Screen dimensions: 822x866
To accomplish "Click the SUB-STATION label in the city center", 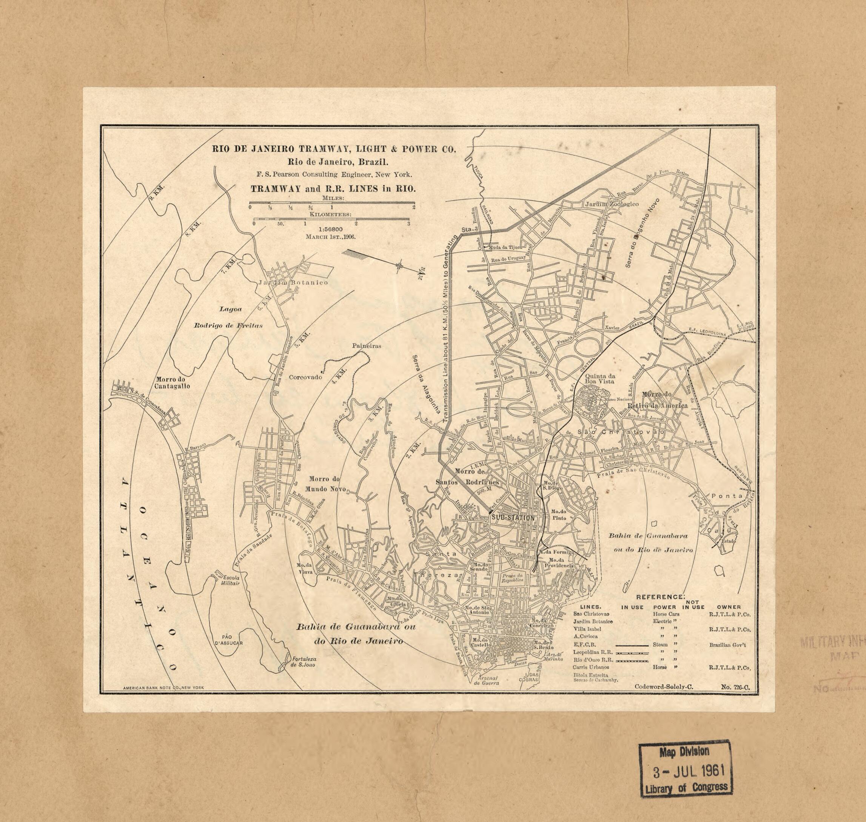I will [x=513, y=518].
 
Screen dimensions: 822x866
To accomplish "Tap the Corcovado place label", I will [x=305, y=377].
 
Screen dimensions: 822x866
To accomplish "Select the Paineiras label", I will [x=367, y=346].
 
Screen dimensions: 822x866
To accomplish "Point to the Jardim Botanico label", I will [x=293, y=283].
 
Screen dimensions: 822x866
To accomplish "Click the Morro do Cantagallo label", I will [x=172, y=383].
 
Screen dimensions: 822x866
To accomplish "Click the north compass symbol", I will [x=400, y=265].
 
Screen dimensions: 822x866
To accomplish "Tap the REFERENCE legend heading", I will [x=660, y=597].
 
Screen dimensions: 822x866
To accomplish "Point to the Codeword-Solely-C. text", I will [x=664, y=687].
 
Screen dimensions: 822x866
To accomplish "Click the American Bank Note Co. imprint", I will [x=164, y=688].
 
